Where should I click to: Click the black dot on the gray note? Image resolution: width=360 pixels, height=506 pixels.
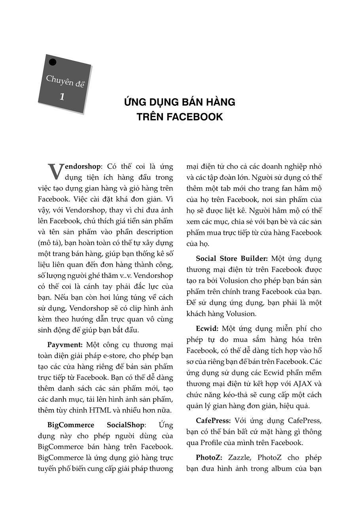[52, 62]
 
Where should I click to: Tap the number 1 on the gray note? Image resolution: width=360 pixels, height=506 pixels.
[62, 96]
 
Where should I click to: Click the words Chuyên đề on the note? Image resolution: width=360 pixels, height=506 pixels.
[65, 81]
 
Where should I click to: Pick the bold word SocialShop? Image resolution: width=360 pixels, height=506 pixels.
[126, 425]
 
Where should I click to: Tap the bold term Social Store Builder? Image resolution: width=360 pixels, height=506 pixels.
[232, 259]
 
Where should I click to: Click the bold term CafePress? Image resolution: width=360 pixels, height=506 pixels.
[213, 420]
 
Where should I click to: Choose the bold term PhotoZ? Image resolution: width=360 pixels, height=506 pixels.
[209, 457]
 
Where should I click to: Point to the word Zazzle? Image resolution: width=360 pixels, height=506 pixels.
[239, 457]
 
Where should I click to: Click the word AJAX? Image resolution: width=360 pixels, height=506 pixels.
[303, 384]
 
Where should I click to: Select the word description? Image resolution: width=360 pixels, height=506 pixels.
[153, 232]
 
